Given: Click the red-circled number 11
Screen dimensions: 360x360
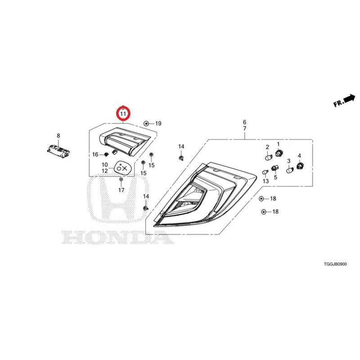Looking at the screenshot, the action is [x=123, y=114].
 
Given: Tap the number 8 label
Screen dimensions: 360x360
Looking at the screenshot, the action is [x=58, y=136].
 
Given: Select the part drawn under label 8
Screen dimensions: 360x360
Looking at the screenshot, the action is [x=58, y=151].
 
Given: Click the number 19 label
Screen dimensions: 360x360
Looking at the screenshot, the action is [x=158, y=123].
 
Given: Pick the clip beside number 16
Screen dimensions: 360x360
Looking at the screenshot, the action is [x=106, y=154].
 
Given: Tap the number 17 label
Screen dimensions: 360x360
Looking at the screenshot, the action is [x=121, y=190].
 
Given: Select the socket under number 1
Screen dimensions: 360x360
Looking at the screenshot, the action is [x=279, y=153].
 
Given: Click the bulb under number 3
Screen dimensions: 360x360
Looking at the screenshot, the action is [x=290, y=170].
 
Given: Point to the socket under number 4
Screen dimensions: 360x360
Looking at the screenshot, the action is [x=300, y=165].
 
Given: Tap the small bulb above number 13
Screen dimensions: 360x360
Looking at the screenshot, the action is [x=265, y=172].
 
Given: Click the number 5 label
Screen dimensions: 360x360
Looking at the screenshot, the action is [x=275, y=177].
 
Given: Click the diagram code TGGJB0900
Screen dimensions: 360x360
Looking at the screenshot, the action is [x=335, y=264].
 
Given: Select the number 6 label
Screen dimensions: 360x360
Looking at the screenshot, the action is [x=244, y=122].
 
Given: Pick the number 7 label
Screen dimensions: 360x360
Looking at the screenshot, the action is [x=244, y=129].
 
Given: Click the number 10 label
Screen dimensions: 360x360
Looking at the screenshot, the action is [x=105, y=165].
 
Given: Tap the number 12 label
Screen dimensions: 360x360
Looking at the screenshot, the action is [x=105, y=171].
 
